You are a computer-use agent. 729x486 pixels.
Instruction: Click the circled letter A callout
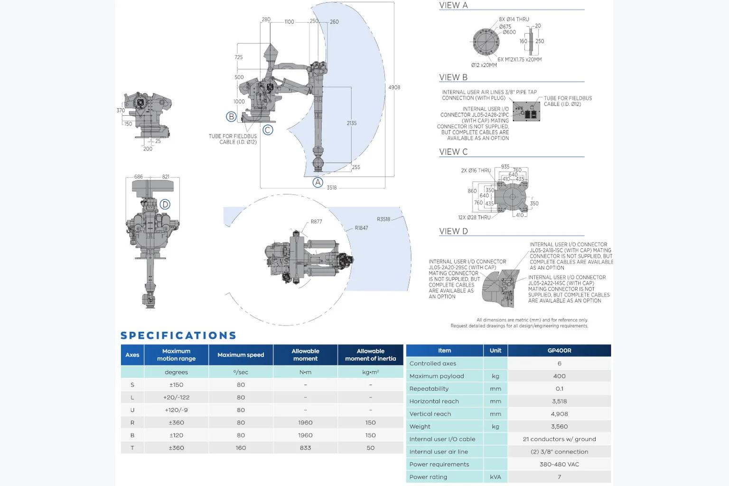[x=318, y=182]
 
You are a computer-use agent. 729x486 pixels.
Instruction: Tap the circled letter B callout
[x=231, y=116]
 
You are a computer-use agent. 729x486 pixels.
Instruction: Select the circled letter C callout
[x=268, y=130]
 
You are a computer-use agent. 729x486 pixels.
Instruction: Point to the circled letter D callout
[x=165, y=205]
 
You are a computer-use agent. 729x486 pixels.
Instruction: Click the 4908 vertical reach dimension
[x=394, y=87]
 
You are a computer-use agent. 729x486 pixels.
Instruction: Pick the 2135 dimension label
[x=352, y=123]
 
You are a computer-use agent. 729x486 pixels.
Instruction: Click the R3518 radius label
[x=383, y=219]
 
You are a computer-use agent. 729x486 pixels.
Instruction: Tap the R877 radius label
[x=316, y=222]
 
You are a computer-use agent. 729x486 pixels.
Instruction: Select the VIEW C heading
[x=453, y=152]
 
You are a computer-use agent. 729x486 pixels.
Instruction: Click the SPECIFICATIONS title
[x=178, y=335]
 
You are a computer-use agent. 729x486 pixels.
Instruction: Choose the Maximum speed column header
[x=241, y=355]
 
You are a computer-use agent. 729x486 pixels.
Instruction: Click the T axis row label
[x=132, y=448]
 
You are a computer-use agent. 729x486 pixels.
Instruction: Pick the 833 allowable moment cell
[x=305, y=448]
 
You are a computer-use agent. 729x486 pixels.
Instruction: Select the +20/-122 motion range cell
[x=176, y=397]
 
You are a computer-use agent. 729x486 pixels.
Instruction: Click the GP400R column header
[x=559, y=351]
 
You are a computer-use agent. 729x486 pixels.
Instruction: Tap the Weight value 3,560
[x=559, y=426]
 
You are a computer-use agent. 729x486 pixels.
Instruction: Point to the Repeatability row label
[x=429, y=389]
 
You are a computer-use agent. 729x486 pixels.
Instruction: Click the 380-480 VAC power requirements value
[x=559, y=464]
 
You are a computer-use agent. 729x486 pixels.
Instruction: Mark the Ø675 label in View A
[x=505, y=27]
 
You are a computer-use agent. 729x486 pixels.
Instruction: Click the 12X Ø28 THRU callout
[x=474, y=217]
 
